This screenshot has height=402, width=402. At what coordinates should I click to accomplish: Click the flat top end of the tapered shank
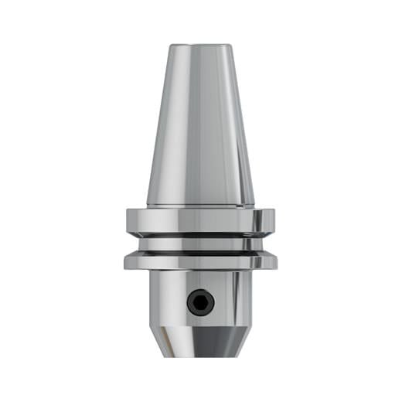200,46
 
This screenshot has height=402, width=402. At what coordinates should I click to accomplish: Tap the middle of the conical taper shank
200,124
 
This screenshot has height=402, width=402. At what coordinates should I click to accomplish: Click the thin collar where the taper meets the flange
200,206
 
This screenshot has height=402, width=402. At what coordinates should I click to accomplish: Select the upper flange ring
200,220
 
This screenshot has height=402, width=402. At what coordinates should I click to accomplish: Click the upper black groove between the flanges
200,235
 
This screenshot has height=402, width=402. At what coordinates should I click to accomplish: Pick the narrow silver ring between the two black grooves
200,243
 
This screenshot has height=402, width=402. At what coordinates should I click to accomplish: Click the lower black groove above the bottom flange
200,251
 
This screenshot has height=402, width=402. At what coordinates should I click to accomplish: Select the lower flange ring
200,262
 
